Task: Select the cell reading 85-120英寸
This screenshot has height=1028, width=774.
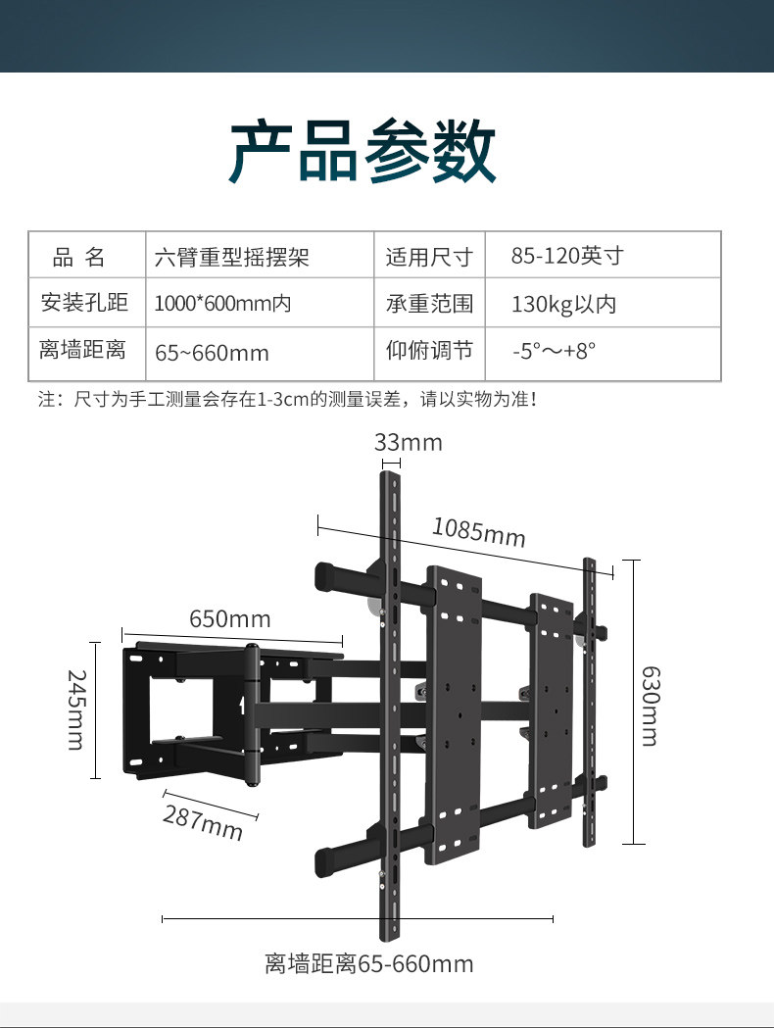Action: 567,257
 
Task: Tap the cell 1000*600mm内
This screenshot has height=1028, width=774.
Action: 223,305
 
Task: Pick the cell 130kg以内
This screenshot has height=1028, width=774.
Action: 563,305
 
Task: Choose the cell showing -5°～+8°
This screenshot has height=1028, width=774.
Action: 555,352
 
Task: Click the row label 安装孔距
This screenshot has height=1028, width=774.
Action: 85,304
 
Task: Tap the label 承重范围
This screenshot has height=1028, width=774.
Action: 429,305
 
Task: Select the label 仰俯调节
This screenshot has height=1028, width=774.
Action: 429,352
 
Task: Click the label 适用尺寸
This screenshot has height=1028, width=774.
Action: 429,258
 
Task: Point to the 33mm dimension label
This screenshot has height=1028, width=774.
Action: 409,443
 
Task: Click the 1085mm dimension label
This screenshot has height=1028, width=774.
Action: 479,532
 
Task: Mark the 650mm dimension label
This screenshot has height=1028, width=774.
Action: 230,619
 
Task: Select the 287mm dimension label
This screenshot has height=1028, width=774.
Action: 203,821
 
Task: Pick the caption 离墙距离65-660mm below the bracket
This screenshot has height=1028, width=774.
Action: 368,964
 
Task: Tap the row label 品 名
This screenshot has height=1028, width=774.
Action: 78,258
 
